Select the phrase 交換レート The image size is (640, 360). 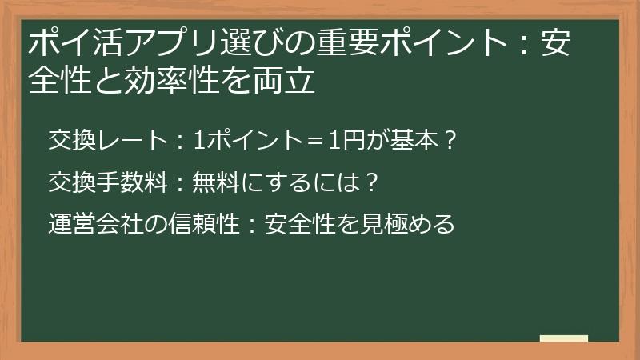106,142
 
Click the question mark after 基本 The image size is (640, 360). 450,142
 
